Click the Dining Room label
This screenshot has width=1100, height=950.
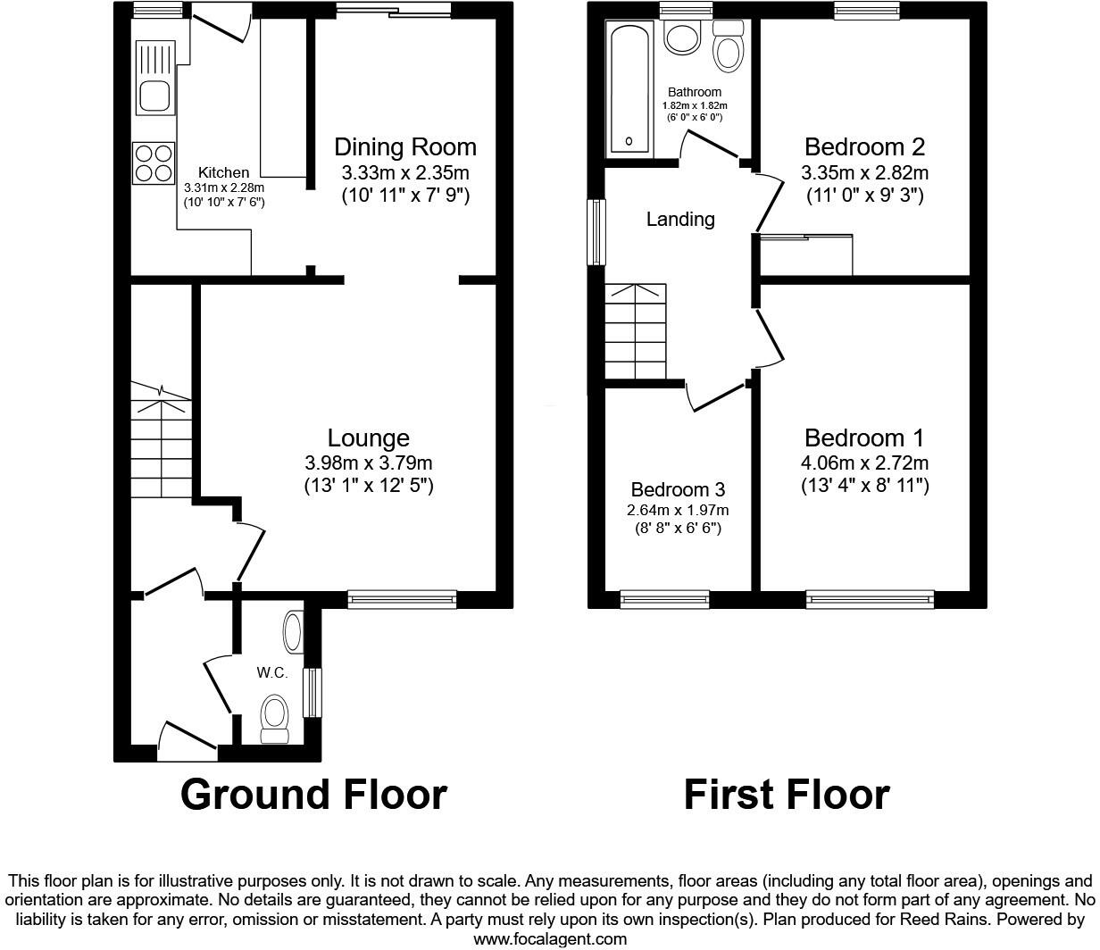[x=404, y=147]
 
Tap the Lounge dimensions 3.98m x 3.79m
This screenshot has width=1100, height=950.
[x=368, y=462]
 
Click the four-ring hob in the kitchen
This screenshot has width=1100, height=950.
[x=153, y=163]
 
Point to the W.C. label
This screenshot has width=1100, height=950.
[x=272, y=673]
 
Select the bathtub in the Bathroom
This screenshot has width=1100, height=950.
[x=630, y=88]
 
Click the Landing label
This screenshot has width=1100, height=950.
[x=680, y=219]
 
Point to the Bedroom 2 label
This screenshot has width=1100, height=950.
[x=864, y=147]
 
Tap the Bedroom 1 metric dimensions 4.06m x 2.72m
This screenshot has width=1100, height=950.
[x=864, y=462]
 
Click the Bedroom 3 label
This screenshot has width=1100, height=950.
[x=678, y=489]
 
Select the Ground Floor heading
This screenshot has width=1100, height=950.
[x=313, y=794]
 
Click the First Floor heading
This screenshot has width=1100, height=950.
[x=787, y=794]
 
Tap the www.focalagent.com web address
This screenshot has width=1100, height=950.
[x=549, y=938]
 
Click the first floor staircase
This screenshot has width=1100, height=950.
[x=636, y=331]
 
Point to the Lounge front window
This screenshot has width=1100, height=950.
[x=402, y=599]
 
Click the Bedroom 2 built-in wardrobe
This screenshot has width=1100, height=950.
[x=807, y=255]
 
